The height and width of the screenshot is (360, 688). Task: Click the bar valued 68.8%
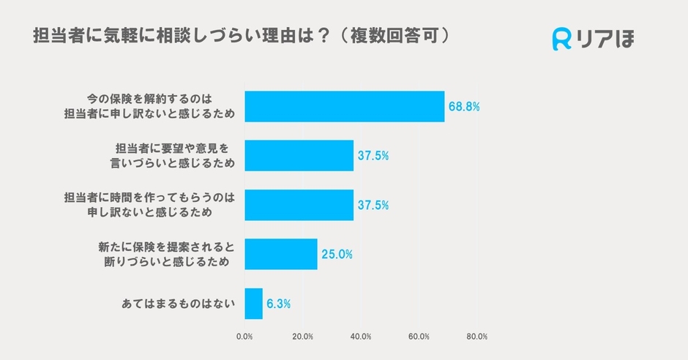coord(344,106)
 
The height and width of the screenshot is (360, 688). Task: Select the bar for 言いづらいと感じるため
coord(299,155)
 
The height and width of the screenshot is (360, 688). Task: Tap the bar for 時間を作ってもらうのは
coord(299,205)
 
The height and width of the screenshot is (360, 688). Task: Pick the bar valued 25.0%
coord(280,254)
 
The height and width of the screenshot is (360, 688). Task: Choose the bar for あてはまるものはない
coord(253,303)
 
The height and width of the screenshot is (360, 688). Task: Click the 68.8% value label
coord(464,107)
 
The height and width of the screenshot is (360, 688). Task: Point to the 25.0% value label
coord(337,255)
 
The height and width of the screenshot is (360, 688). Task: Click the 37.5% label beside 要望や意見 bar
coord(373,156)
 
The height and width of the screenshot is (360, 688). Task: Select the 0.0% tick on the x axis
coord(244,337)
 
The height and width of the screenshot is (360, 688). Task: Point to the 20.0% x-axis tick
coord(302,337)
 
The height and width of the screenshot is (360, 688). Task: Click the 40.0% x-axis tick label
coord(361,337)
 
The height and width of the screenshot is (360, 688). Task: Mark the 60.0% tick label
coord(419,337)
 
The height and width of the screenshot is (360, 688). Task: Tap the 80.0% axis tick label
coord(476,337)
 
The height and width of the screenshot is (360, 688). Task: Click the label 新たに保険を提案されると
coord(165,247)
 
